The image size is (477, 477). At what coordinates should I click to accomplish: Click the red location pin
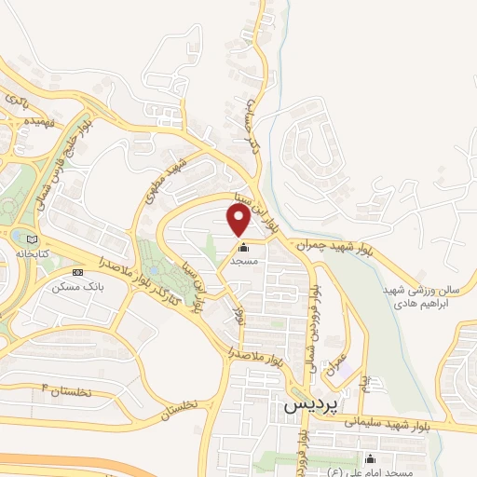238,219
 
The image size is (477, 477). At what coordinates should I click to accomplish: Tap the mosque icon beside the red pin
245,248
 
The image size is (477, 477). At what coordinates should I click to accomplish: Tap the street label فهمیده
45,121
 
